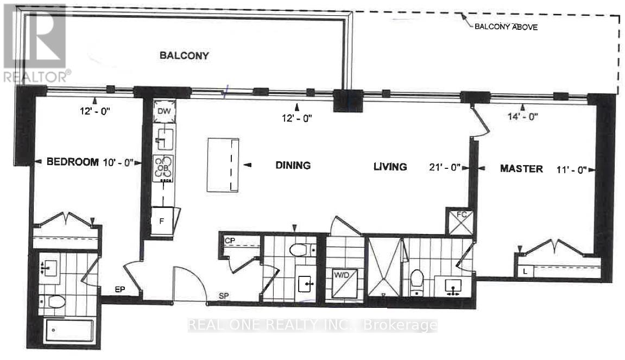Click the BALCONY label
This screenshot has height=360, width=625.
tap(184, 55)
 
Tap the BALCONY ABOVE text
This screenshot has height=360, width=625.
tap(506, 27)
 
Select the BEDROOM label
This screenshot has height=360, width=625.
tap(72, 162)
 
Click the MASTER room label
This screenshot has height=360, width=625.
tap(521, 169)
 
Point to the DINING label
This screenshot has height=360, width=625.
tap(292, 166)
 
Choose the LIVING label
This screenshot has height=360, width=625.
tap(390, 167)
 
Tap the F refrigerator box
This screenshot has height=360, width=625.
tap(162, 221)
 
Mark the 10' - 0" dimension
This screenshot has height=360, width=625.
tap(120, 162)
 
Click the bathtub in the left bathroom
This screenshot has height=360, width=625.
tap(70, 329)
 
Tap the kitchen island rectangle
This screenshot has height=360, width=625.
tap(223, 165)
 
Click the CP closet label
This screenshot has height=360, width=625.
tap(230, 239)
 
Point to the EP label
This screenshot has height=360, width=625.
tap(120, 290)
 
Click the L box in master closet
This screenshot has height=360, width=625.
tap(523, 269)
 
